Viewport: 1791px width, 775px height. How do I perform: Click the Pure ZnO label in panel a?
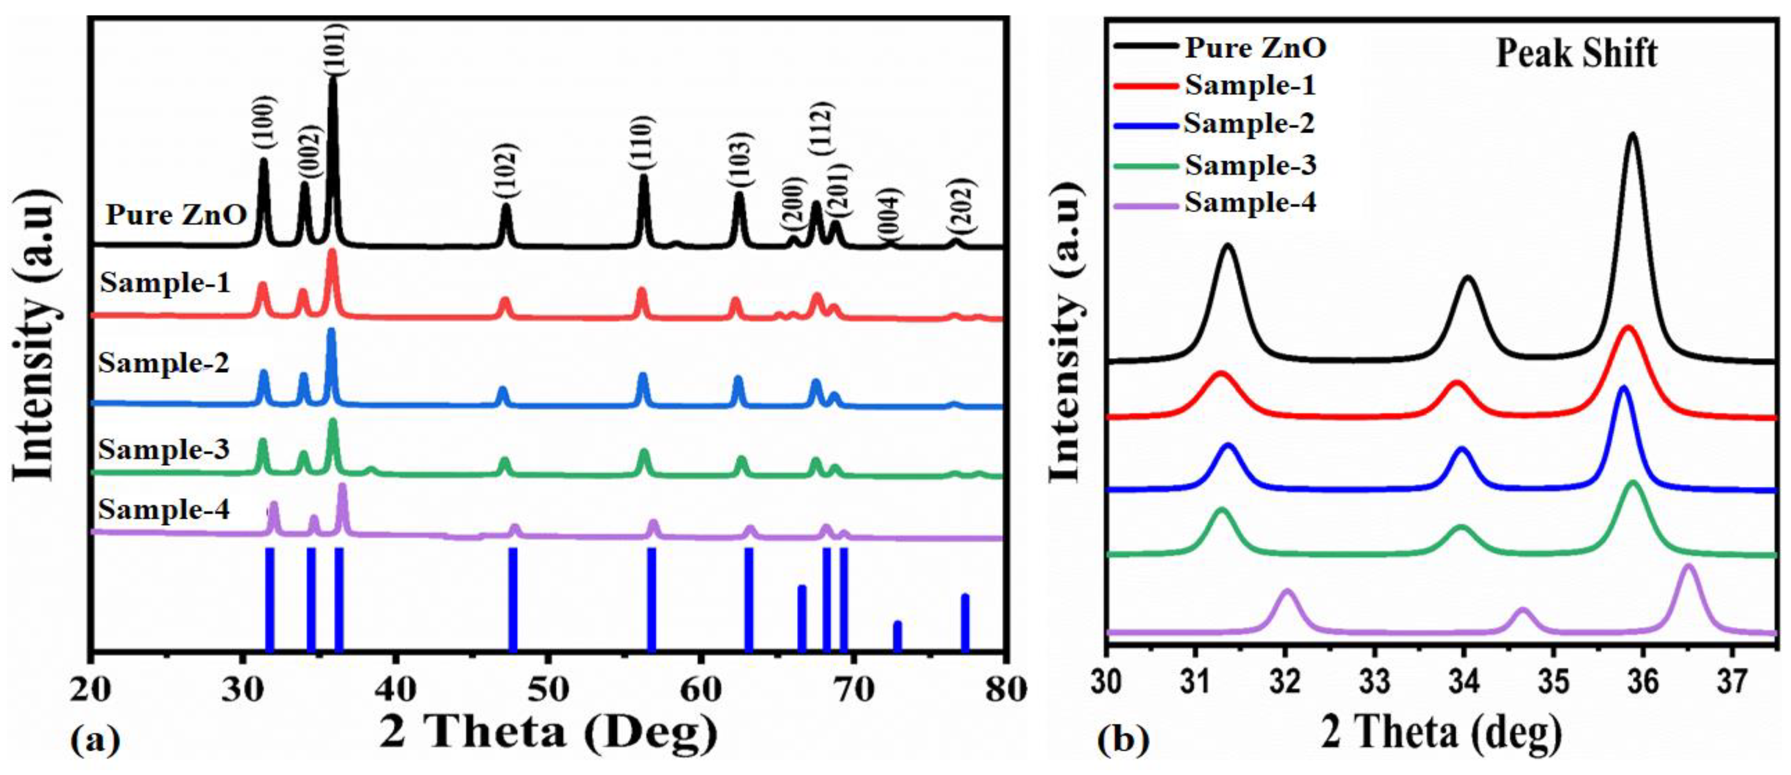click(176, 215)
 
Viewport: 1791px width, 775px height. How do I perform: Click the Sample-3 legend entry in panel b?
click(1250, 165)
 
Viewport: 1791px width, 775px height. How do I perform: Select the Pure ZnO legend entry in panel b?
click(1255, 48)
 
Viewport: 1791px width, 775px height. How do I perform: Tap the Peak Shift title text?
click(1576, 54)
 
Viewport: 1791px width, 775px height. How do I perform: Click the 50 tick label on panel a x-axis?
click(549, 689)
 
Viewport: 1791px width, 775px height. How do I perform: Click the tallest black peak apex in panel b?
click(1632, 134)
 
